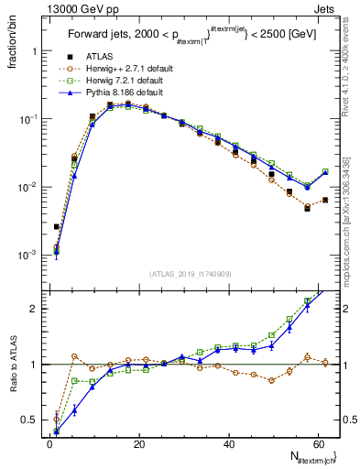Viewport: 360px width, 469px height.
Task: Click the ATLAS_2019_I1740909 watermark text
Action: point(190,274)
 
